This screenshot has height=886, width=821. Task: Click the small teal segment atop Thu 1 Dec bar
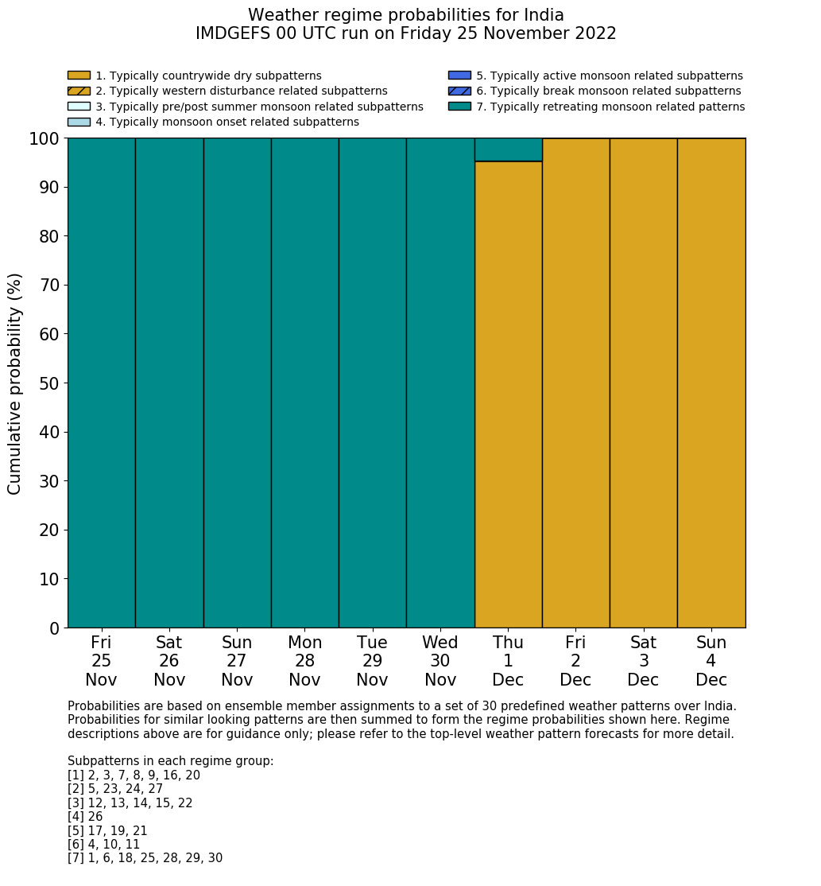coord(508,150)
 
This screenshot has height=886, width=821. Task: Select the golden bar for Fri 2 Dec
coord(575,383)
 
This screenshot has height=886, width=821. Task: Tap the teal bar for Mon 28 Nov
coord(304,383)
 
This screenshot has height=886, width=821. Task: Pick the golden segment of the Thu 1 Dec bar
coord(508,394)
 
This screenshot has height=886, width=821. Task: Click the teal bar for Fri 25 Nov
coord(101,383)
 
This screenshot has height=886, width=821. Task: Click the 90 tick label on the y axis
coord(49,188)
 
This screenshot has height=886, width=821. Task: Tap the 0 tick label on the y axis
coord(55,629)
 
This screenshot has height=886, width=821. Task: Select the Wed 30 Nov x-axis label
coord(440,661)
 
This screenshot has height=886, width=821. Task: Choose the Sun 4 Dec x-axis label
coord(711,661)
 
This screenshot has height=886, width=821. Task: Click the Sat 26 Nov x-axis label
coord(168,661)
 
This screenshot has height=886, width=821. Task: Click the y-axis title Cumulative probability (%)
coord(15,383)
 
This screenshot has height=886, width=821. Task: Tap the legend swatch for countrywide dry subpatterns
coord(79,76)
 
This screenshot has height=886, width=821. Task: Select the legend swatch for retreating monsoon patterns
coord(459,107)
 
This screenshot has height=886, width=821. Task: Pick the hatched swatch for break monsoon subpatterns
coord(459,91)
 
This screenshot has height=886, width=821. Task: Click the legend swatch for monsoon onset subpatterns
coord(79,122)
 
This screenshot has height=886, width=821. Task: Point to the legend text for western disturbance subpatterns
coord(242,91)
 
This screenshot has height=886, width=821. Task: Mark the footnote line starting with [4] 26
coord(85,817)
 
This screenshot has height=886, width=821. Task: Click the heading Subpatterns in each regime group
coord(170,761)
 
